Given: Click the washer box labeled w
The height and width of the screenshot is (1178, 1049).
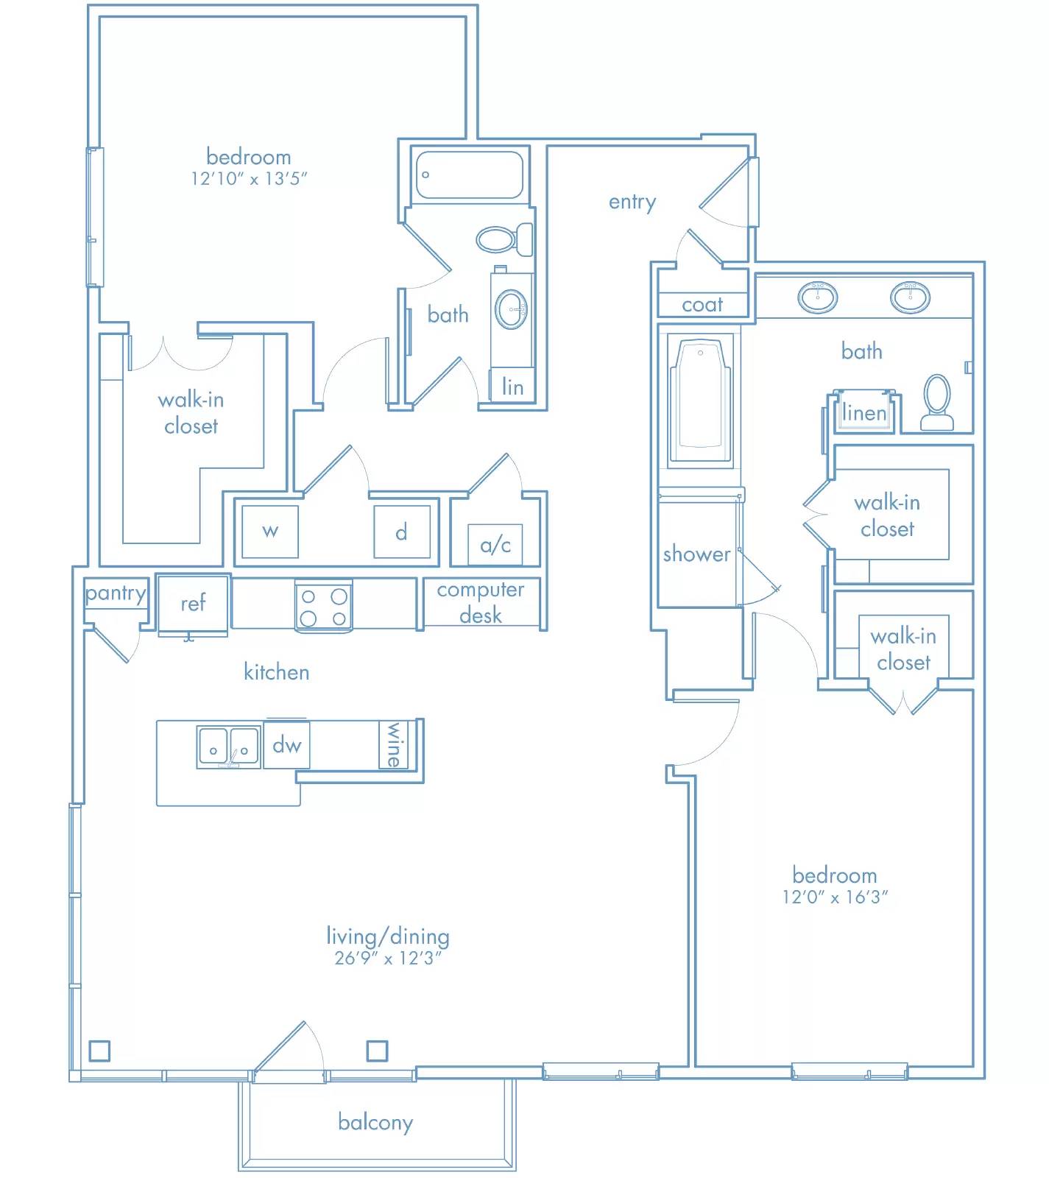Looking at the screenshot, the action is pyautogui.click(x=270, y=531).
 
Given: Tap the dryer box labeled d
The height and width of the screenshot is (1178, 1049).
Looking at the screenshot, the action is pyautogui.click(x=402, y=531).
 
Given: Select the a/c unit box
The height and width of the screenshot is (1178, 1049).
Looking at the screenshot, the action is pyautogui.click(x=495, y=545).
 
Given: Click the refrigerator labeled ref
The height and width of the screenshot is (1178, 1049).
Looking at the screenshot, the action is pyautogui.click(x=193, y=604).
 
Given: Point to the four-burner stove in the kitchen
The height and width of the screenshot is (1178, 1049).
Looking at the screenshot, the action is pyautogui.click(x=323, y=605).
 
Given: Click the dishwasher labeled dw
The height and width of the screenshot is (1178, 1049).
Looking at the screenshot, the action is pyautogui.click(x=286, y=745).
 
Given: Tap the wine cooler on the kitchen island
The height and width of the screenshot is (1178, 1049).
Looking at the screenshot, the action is pyautogui.click(x=395, y=744).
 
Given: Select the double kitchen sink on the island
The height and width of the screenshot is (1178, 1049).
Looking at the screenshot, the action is pyautogui.click(x=228, y=748).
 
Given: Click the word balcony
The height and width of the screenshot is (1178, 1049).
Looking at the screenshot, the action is pyautogui.click(x=375, y=1122).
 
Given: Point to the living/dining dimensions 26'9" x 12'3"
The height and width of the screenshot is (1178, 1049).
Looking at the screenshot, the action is pyautogui.click(x=388, y=958).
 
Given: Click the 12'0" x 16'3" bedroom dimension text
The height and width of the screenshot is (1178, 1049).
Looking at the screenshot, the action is pyautogui.click(x=835, y=897).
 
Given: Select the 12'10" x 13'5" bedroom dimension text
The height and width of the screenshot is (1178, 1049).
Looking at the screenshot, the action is pyautogui.click(x=249, y=178).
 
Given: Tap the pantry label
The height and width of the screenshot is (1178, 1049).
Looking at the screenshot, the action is pyautogui.click(x=116, y=593).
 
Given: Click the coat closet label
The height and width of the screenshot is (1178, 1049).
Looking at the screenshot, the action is pyautogui.click(x=702, y=304).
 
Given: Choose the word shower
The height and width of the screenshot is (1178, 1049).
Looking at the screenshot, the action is pyautogui.click(x=696, y=554).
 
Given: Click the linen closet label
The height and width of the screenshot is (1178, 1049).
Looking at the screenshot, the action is pyautogui.click(x=864, y=413).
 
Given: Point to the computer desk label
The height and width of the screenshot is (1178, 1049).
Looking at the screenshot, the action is pyautogui.click(x=481, y=602).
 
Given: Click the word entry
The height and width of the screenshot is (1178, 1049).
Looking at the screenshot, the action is pyautogui.click(x=632, y=202).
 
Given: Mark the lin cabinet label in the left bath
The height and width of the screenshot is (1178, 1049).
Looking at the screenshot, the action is pyautogui.click(x=513, y=387).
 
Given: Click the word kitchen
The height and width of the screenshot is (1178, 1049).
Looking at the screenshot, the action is pyautogui.click(x=277, y=672).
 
